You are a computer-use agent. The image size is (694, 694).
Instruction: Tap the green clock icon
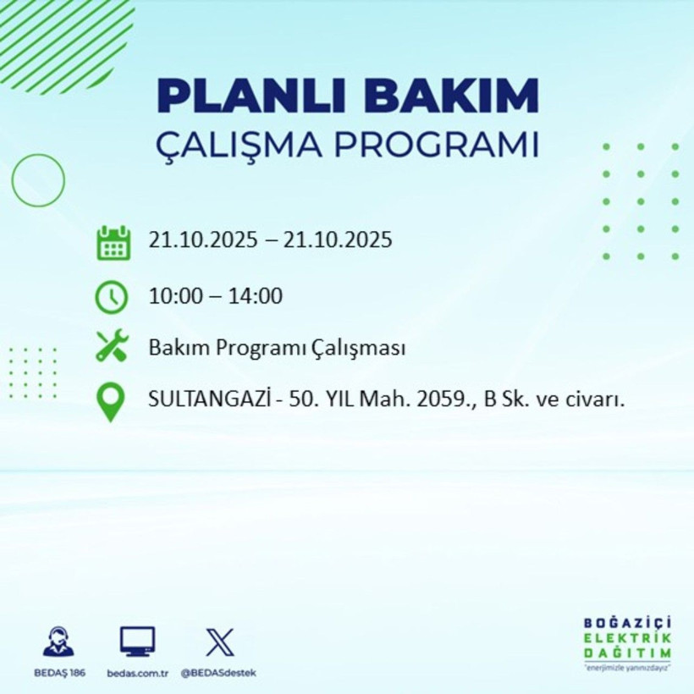pyautogui.click(x=112, y=296)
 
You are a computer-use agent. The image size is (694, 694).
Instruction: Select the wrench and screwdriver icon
pyautogui.click(x=112, y=346)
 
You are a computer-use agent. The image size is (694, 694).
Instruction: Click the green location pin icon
pyautogui.click(x=112, y=400)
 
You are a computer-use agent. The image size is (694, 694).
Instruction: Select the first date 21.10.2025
pyautogui.click(x=202, y=240)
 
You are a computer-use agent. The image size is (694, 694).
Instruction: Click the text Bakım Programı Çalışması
pyautogui.click(x=277, y=347)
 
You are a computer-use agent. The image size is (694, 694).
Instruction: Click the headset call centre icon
pyautogui.click(x=58, y=642)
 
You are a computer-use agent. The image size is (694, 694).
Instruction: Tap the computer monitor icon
pyautogui.click(x=137, y=642)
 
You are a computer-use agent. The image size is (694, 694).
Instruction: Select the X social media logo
pyautogui.click(x=219, y=642)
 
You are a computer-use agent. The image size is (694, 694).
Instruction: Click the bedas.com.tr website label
pyautogui.click(x=139, y=673)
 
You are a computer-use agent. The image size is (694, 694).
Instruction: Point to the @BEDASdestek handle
pyautogui.click(x=218, y=673)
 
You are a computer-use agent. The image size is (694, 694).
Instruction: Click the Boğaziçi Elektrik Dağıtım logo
pyautogui.click(x=627, y=642)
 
